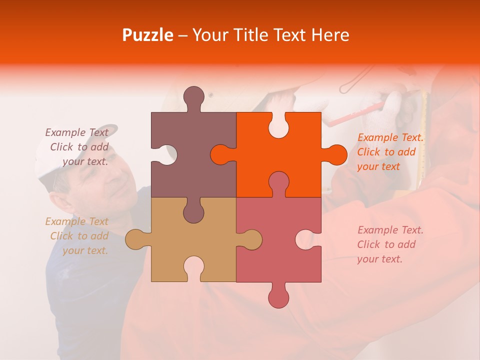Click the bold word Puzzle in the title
click(148, 35)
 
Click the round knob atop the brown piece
click(193, 97)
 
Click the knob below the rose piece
click(278, 297)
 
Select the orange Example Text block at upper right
click(390, 152)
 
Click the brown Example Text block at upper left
click(78, 147)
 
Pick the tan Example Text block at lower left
click(78, 236)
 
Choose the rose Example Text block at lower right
click(390, 244)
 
